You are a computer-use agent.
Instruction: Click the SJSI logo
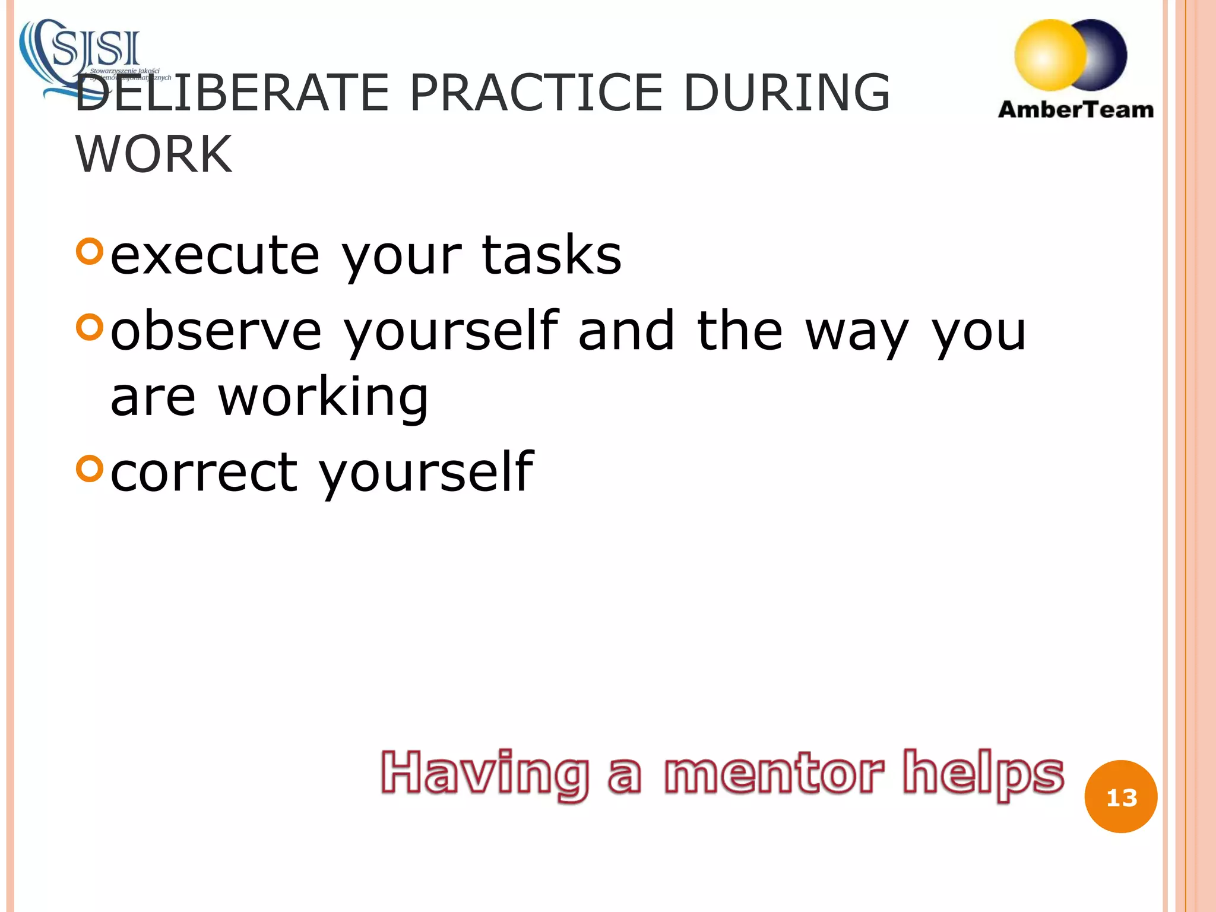point(89,56)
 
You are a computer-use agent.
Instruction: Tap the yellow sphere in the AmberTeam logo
point(1050,55)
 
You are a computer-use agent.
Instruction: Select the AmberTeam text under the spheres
point(1076,110)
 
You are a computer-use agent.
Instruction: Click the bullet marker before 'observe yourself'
point(90,327)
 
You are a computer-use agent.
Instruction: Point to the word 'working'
point(323,398)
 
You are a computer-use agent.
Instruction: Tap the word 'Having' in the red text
point(484,773)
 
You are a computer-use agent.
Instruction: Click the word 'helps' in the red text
point(983,773)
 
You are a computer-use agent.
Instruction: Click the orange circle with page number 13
point(1120,797)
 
